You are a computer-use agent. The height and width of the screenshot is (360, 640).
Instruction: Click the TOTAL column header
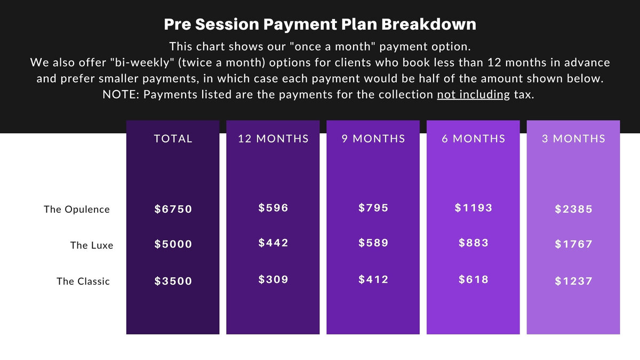tap(173, 139)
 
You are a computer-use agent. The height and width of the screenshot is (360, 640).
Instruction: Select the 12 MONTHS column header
tap(274, 139)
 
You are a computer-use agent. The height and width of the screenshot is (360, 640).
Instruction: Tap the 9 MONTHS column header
tap(373, 139)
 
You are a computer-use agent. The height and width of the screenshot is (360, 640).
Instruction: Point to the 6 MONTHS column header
tap(474, 139)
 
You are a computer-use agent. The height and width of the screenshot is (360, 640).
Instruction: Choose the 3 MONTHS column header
tap(574, 139)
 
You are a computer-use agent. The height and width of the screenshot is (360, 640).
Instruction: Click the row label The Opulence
tap(77, 210)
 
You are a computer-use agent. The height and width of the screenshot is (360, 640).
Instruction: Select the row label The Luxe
tap(92, 245)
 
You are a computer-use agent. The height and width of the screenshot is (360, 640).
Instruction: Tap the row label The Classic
tap(83, 281)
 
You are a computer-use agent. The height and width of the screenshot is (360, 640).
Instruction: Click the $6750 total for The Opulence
tap(173, 209)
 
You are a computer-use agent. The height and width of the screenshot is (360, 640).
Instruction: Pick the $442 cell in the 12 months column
tap(274, 243)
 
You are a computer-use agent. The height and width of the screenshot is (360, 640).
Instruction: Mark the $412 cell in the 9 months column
tap(373, 279)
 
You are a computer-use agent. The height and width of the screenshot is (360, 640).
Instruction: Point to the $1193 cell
tap(474, 207)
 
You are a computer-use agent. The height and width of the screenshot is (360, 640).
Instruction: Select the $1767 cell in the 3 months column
tap(574, 244)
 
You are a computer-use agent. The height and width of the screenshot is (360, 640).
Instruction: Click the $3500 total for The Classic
tap(173, 281)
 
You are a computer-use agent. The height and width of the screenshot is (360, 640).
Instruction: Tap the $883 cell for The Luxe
tap(474, 243)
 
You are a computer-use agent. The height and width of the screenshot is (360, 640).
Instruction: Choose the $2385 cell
tap(574, 209)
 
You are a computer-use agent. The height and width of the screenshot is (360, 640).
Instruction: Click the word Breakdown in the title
tap(429, 25)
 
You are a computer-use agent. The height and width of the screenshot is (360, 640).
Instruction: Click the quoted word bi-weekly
tap(142, 62)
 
